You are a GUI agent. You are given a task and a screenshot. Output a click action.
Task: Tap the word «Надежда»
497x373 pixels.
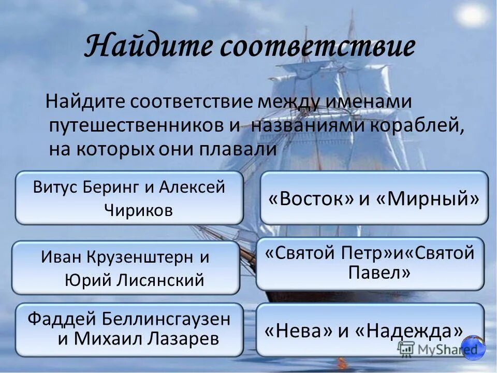tap(408, 332)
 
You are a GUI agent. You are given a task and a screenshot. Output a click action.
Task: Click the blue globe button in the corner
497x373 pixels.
tap(473, 348)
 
